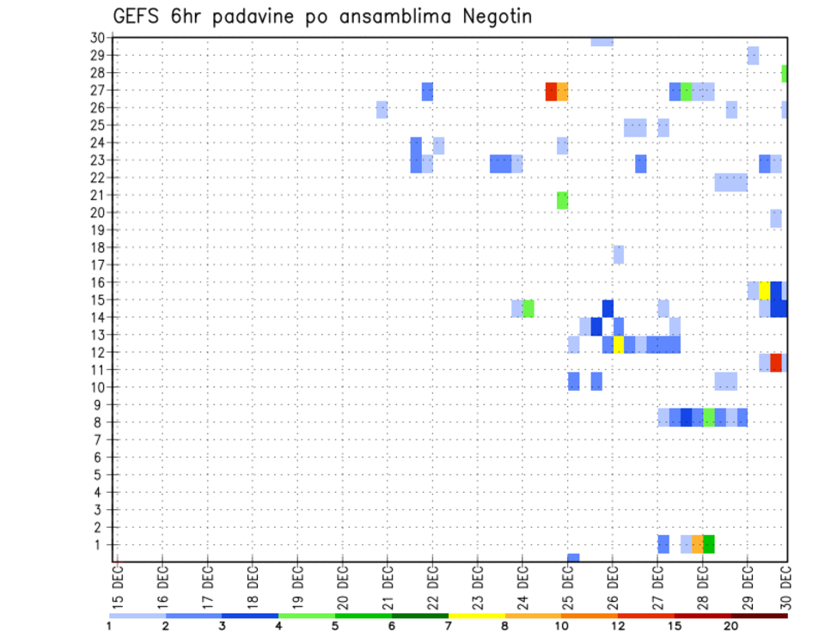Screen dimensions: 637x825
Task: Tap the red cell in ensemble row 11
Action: [x=776, y=362]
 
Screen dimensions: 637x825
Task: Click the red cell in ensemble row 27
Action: [x=551, y=92]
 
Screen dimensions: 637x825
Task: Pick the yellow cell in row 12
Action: [x=618, y=344]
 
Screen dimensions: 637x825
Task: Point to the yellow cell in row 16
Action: [x=764, y=290]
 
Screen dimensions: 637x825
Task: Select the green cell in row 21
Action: [x=562, y=200]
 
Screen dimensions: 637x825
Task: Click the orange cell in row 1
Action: [x=697, y=543]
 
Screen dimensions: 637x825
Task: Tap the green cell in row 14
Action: [x=528, y=308]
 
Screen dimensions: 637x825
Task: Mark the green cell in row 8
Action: [x=708, y=417]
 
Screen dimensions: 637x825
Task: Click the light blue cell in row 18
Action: [x=618, y=255]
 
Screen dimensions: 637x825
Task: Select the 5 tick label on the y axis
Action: [x=100, y=475]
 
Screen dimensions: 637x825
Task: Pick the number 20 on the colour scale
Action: [x=730, y=625]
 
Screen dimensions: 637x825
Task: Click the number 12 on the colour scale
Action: [x=619, y=625]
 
